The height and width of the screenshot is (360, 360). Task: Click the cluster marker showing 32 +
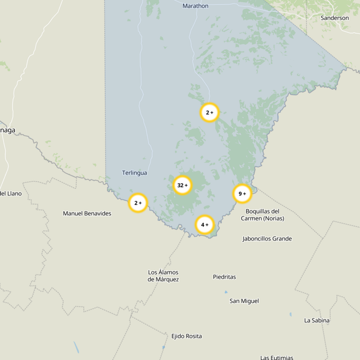(x=182, y=185)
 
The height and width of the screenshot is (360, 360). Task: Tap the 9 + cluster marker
(x=242, y=193)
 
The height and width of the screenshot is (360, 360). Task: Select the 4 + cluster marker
(x=204, y=225)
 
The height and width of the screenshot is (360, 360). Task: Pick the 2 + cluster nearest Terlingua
(x=138, y=203)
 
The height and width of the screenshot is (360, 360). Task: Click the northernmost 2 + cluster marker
(x=209, y=112)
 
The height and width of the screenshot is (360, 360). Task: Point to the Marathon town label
(x=195, y=6)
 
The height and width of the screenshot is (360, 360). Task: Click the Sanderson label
(x=334, y=18)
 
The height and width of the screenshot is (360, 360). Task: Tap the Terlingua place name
(x=135, y=173)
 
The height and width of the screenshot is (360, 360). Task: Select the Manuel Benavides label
(x=87, y=213)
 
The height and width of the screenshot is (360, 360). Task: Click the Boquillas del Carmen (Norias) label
(x=262, y=215)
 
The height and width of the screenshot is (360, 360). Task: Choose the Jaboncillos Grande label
(x=267, y=238)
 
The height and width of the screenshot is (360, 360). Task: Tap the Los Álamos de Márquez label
(x=163, y=276)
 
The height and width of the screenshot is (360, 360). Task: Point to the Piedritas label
(x=224, y=277)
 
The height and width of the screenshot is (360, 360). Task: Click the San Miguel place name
(x=244, y=301)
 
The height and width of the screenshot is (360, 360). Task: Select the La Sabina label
(x=317, y=320)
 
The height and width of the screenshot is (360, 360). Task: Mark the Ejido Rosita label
(x=186, y=336)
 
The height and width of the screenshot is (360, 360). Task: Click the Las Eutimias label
(x=277, y=357)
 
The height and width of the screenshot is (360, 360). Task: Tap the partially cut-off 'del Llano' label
(x=10, y=193)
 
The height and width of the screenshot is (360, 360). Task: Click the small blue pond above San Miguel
(x=226, y=292)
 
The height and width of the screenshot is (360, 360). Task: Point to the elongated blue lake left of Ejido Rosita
(x=76, y=346)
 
